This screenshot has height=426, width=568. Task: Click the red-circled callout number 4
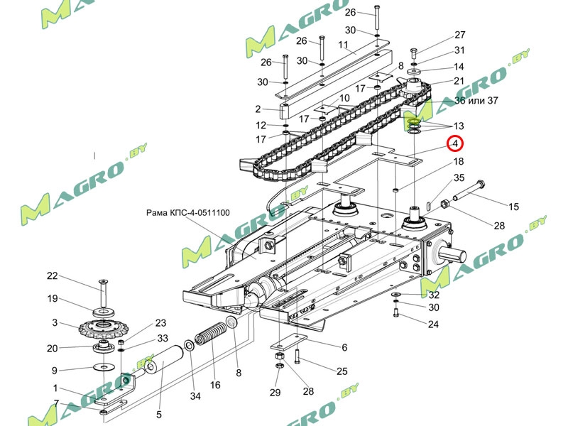coord(454,144)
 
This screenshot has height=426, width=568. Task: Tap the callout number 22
coord(52,276)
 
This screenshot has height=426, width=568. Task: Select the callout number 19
coord(52,299)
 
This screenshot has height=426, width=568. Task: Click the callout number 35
coord(459,178)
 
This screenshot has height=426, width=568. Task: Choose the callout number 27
coord(459,35)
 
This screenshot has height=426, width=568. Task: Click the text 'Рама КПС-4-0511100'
coord(187,212)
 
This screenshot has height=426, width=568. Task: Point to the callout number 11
coord(343,46)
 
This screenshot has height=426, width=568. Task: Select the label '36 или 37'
coord(476,100)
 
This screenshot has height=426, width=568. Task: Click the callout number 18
coord(459,163)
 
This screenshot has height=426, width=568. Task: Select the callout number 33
coord(162,338)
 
